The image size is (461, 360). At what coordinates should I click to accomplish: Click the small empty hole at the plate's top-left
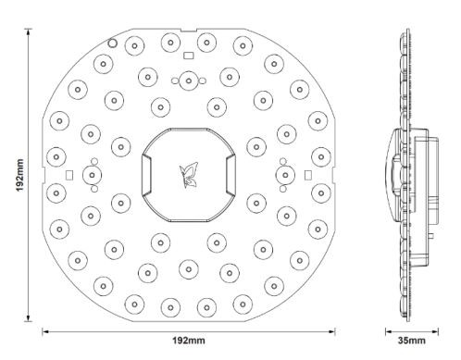pyautogui.click(x=112, y=42)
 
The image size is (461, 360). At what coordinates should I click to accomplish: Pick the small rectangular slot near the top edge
pyautogui.click(x=188, y=56)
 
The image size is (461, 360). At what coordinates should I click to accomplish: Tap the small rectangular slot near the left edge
pyautogui.click(x=69, y=173)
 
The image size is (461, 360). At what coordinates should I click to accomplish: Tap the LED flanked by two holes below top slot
pyautogui.click(x=188, y=81)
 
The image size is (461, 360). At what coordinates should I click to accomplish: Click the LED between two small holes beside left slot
pyautogui.click(x=93, y=173)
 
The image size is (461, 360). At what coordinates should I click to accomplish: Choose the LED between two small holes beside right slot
pyautogui.click(x=282, y=173)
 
